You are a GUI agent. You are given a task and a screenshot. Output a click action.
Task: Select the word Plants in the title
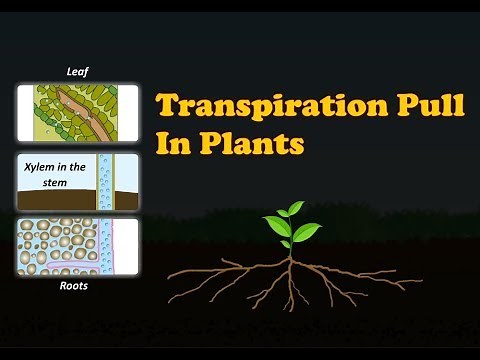[247, 144]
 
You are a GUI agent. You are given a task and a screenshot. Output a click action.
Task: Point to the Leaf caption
[78, 72]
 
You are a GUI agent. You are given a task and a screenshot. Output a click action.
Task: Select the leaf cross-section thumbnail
[78, 112]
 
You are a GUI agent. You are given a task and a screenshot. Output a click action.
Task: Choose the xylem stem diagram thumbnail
[78, 181]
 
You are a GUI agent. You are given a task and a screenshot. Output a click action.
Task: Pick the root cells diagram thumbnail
[78, 247]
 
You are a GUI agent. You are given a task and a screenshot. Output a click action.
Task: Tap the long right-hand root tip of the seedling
[421, 284]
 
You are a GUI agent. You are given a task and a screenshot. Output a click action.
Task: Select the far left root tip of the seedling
[168, 274]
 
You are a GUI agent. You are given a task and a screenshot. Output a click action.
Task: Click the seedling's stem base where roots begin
[291, 256]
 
